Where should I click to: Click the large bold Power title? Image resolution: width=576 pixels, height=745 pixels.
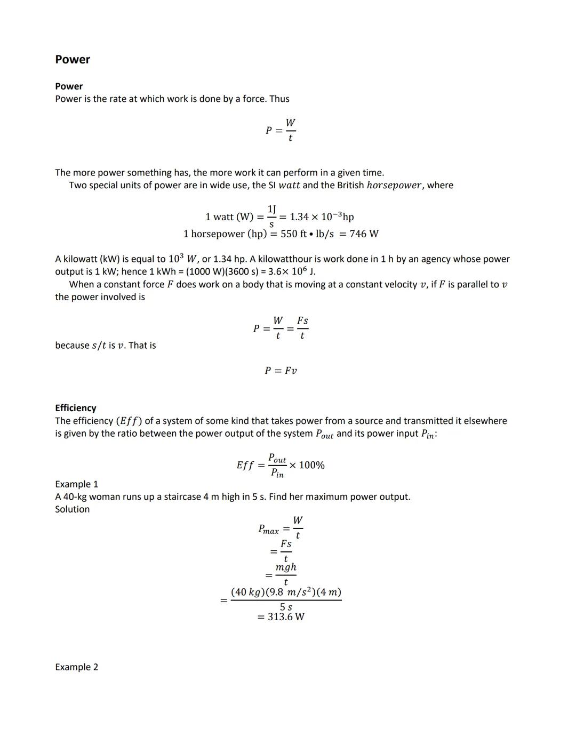click(x=73, y=59)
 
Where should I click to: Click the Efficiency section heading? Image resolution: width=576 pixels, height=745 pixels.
click(x=76, y=408)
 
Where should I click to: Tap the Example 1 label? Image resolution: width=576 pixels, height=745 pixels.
click(x=76, y=484)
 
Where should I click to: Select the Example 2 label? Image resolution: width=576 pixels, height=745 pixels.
click(x=76, y=667)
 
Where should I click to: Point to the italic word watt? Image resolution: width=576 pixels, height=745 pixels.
click(x=289, y=186)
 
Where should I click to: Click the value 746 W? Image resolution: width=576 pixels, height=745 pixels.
click(x=364, y=234)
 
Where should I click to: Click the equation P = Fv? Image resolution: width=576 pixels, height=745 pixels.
click(x=281, y=371)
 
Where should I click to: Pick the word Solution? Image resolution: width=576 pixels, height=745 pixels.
click(x=72, y=509)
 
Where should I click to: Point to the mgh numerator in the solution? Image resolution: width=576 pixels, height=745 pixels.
click(x=286, y=567)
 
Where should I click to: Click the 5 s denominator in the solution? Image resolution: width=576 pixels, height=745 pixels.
click(x=286, y=607)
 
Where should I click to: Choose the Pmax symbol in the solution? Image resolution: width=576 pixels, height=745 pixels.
click(x=268, y=530)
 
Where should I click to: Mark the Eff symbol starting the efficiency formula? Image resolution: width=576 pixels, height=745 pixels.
click(x=245, y=465)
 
